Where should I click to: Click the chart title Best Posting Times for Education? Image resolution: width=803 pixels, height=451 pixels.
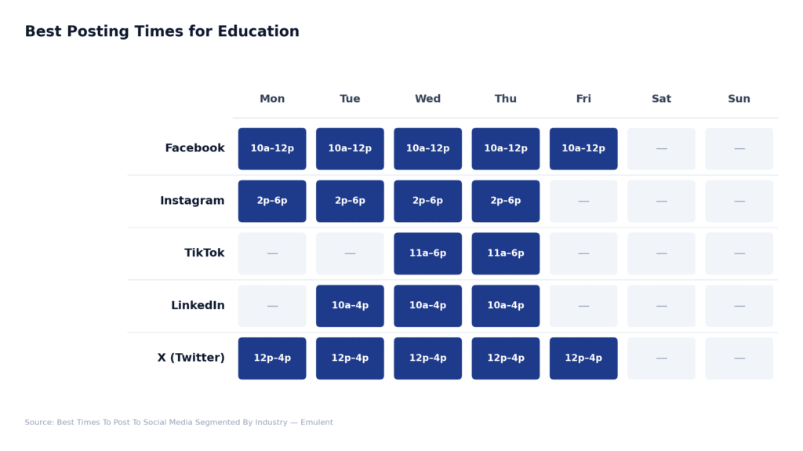pos(162,32)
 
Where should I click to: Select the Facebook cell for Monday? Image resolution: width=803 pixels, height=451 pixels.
pos(272,149)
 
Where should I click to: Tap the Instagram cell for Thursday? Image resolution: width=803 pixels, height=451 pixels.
pos(506,201)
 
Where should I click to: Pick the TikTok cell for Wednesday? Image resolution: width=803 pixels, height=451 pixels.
pos(427,253)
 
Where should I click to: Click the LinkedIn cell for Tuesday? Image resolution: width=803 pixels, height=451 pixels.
pos(350,306)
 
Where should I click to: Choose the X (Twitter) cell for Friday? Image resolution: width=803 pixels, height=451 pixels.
pos(583,358)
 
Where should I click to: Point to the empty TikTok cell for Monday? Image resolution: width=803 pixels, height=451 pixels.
pos(272,253)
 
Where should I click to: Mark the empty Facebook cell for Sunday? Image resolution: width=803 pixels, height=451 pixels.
pos(739,149)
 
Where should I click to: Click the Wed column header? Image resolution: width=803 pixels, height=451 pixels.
pos(427,99)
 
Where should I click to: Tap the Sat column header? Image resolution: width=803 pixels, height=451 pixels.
pos(661,99)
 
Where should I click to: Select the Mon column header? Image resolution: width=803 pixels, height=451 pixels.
pos(272,99)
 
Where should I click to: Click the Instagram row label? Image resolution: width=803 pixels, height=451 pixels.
pos(192,201)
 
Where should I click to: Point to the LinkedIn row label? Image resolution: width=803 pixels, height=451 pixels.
pos(198,306)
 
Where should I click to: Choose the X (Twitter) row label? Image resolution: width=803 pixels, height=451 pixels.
pos(191,358)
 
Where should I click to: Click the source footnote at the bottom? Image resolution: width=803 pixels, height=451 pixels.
pos(179,423)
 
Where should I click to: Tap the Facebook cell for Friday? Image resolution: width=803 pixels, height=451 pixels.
pos(583,149)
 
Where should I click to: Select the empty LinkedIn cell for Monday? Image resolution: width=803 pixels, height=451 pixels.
pos(272,306)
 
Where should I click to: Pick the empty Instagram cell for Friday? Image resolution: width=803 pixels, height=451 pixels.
pos(583,201)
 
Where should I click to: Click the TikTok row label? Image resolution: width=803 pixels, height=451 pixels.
pos(204,253)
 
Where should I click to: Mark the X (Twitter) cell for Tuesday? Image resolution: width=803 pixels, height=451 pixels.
pos(350,358)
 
